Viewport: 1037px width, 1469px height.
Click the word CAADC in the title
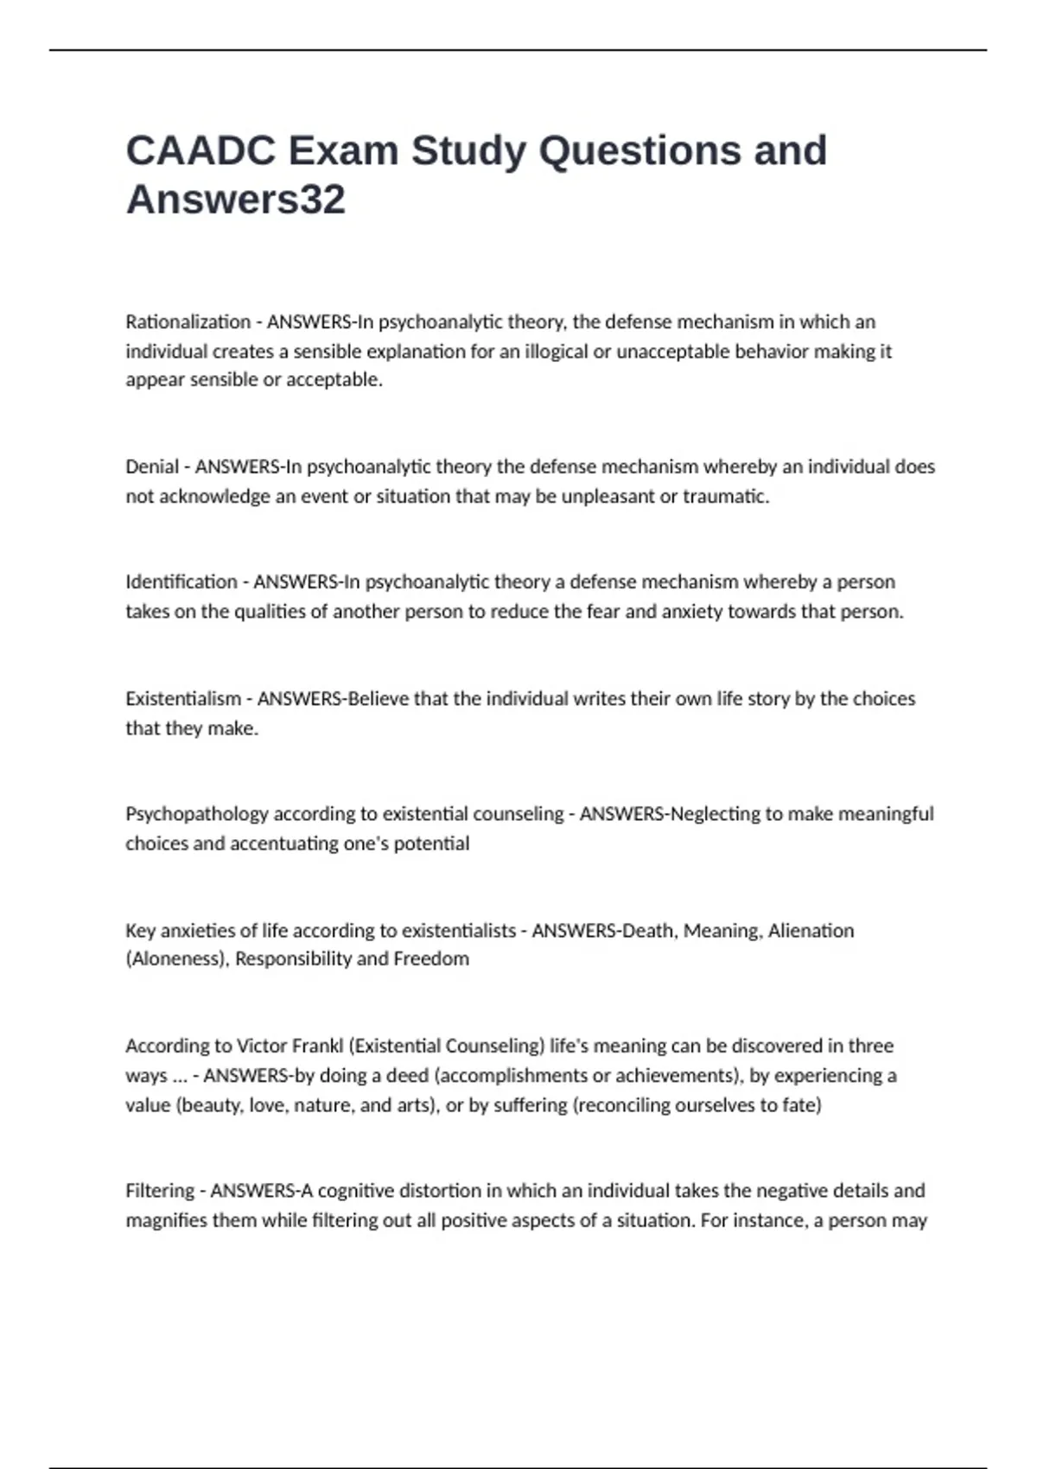[x=200, y=150]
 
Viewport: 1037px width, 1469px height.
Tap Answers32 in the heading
[x=235, y=200]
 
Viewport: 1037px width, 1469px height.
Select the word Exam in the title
[x=343, y=150]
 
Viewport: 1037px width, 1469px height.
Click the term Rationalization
[x=188, y=322]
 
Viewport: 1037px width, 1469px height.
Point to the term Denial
[x=151, y=467]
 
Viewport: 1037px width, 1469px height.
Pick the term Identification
[x=181, y=582]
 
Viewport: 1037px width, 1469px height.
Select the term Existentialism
[x=183, y=698]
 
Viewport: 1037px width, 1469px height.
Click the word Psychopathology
[x=197, y=814]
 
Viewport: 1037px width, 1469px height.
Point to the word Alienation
[x=811, y=931]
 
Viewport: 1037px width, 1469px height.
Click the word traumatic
[x=726, y=496]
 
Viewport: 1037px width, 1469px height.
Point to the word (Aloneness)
[x=177, y=959]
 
